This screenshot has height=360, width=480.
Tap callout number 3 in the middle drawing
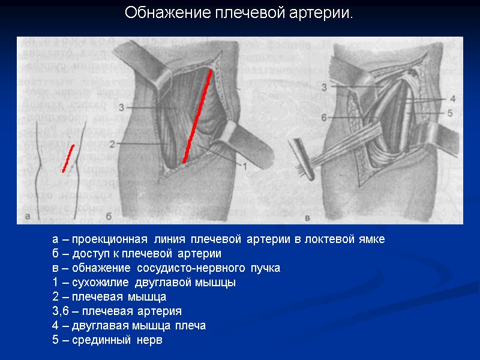122,107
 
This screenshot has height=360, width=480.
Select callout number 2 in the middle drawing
112,144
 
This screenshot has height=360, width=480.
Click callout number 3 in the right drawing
324,88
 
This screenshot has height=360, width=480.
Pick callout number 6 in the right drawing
324,118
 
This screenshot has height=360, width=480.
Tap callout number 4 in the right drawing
453,98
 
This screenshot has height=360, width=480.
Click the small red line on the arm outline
68,158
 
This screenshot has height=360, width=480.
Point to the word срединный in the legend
92,340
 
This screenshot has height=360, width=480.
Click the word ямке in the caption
371,239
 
